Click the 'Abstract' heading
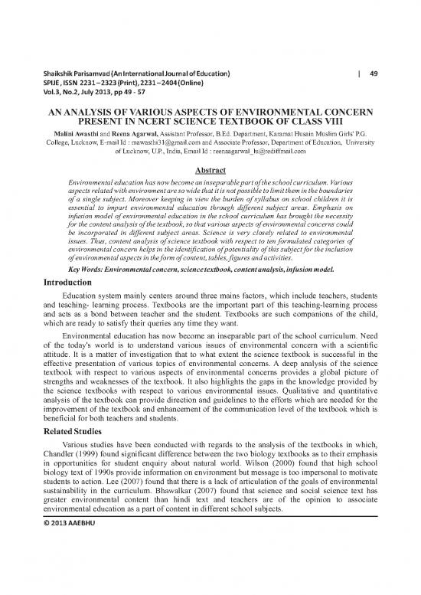(x=210, y=172)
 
